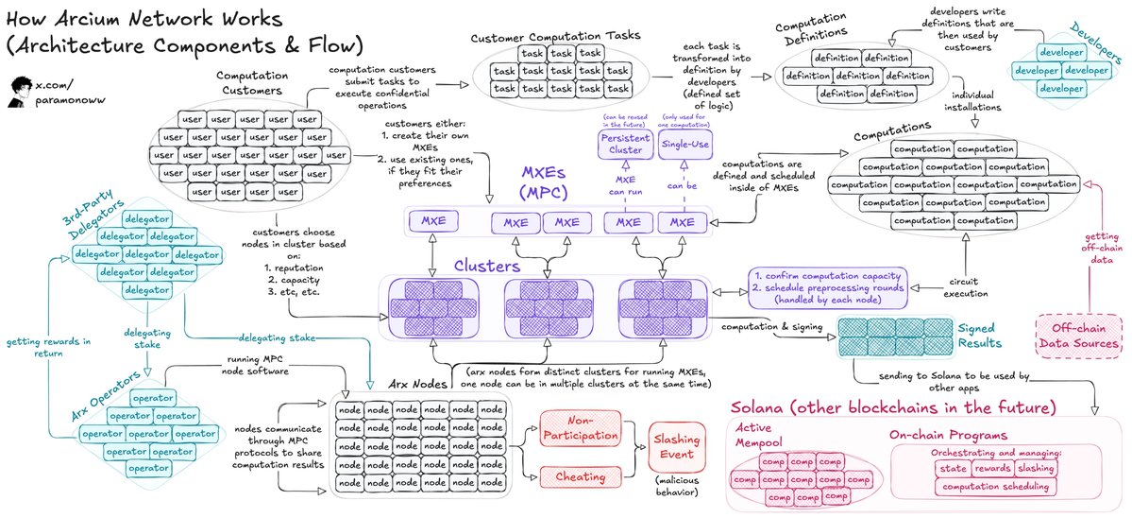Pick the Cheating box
(579, 475)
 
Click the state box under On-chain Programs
(956, 467)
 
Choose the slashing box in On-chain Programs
(1052, 467)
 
